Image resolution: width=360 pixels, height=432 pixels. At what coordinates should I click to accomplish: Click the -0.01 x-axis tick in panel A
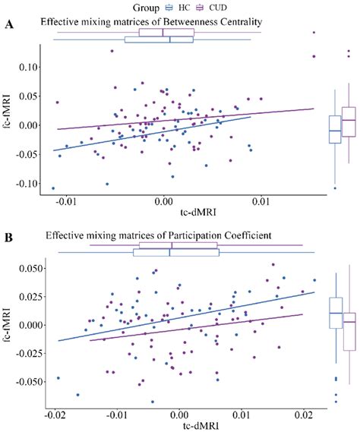click(x=66, y=202)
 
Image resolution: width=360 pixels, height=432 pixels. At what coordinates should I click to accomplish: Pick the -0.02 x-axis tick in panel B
click(x=55, y=416)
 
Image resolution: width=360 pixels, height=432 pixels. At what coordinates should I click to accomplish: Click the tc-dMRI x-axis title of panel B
click(x=179, y=426)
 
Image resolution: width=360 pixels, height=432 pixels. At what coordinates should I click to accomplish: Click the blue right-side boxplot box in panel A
click(x=335, y=130)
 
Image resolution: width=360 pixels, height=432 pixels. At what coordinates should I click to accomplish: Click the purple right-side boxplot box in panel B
click(x=349, y=332)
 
